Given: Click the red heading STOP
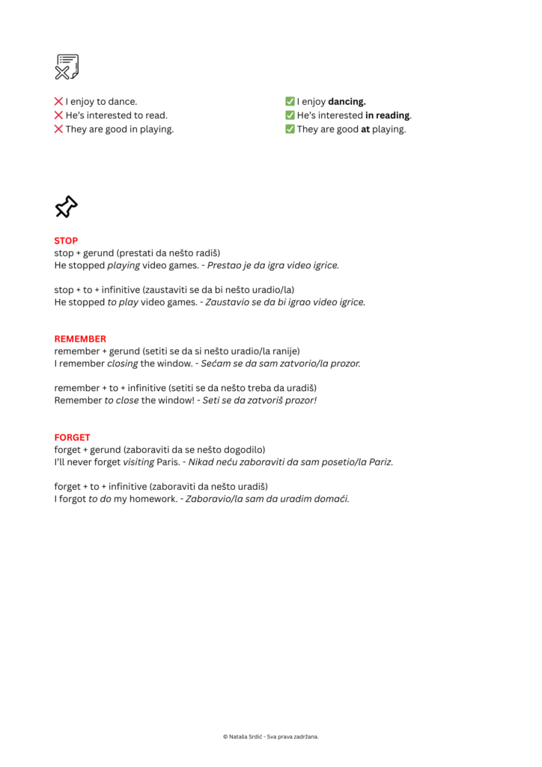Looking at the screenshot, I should point(66,241).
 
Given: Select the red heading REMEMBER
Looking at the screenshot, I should point(80,339).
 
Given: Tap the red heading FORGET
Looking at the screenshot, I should point(72,437).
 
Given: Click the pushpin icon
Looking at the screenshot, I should point(66,207).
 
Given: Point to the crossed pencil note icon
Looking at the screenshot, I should point(67,67).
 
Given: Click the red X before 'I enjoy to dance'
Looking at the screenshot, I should point(58,101).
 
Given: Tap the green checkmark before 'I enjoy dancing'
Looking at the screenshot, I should point(290,101).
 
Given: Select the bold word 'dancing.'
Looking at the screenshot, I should point(347,101).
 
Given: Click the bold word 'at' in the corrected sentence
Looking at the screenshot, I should point(365,129).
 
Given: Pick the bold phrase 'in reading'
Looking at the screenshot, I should point(387,115).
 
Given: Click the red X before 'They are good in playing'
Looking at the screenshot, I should point(58,129).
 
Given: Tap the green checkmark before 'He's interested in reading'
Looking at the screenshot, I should point(290,115).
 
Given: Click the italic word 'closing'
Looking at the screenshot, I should point(123,363).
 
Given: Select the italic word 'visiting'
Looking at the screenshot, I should point(138,461).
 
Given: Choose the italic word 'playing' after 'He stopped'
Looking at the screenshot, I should point(124,265).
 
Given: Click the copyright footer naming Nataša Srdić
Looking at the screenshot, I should point(271,736).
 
